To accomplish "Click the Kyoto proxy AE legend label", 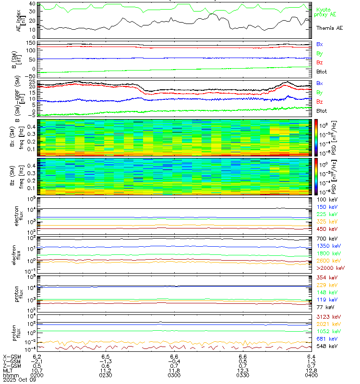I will pyautogui.click(x=328, y=12).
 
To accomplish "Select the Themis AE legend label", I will pyautogui.click(x=329, y=28).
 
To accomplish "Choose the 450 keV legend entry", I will pyautogui.click(x=325, y=229).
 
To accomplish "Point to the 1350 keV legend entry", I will pyautogui.click(x=326, y=245).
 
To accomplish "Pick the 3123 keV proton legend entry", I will pyautogui.click(x=326, y=317).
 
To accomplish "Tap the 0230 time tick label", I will pyautogui.click(x=106, y=374).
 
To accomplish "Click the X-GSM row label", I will pyautogui.click(x=11, y=357).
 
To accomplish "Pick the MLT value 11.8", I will pyautogui.click(x=174, y=370).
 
